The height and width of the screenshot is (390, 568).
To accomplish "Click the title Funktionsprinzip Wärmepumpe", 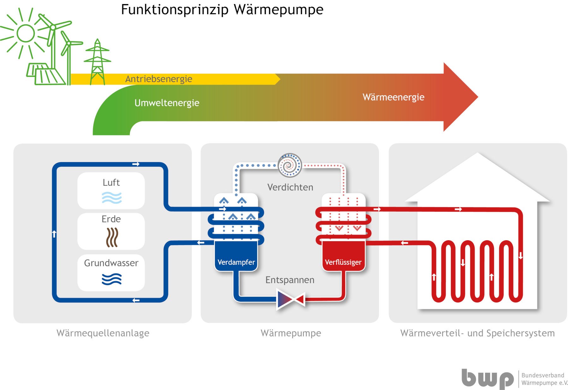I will pyautogui.click(x=222, y=9).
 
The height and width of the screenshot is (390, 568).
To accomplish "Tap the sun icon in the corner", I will pyautogui.click(x=25, y=33).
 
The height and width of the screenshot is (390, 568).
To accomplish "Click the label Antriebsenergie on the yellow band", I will pyautogui.click(x=159, y=79).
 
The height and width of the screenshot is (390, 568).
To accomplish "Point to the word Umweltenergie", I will pyautogui.click(x=167, y=103).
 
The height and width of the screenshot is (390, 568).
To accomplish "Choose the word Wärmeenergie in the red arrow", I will pyautogui.click(x=393, y=97).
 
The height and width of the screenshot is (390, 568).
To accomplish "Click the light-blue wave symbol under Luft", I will pyautogui.click(x=111, y=198).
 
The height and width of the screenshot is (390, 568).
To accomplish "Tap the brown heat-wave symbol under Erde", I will pyautogui.click(x=112, y=237).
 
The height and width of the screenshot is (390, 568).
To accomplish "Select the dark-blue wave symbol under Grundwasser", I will pyautogui.click(x=111, y=279).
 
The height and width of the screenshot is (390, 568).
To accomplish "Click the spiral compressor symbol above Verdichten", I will pyautogui.click(x=290, y=165).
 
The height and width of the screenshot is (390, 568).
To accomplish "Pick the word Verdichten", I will pyautogui.click(x=290, y=187).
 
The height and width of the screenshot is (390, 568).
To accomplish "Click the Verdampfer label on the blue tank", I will pyautogui.click(x=236, y=262).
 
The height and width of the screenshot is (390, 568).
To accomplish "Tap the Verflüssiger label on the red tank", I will pyautogui.click(x=343, y=262).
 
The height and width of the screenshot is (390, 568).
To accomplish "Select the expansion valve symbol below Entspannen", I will pyautogui.click(x=290, y=299).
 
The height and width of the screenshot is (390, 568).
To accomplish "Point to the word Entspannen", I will pyautogui.click(x=290, y=280).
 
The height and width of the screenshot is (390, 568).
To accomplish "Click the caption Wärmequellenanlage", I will pyautogui.click(x=103, y=333).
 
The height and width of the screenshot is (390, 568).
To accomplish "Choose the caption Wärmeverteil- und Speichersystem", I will pyautogui.click(x=477, y=333).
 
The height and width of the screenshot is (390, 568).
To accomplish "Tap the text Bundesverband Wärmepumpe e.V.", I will pyautogui.click(x=544, y=379).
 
